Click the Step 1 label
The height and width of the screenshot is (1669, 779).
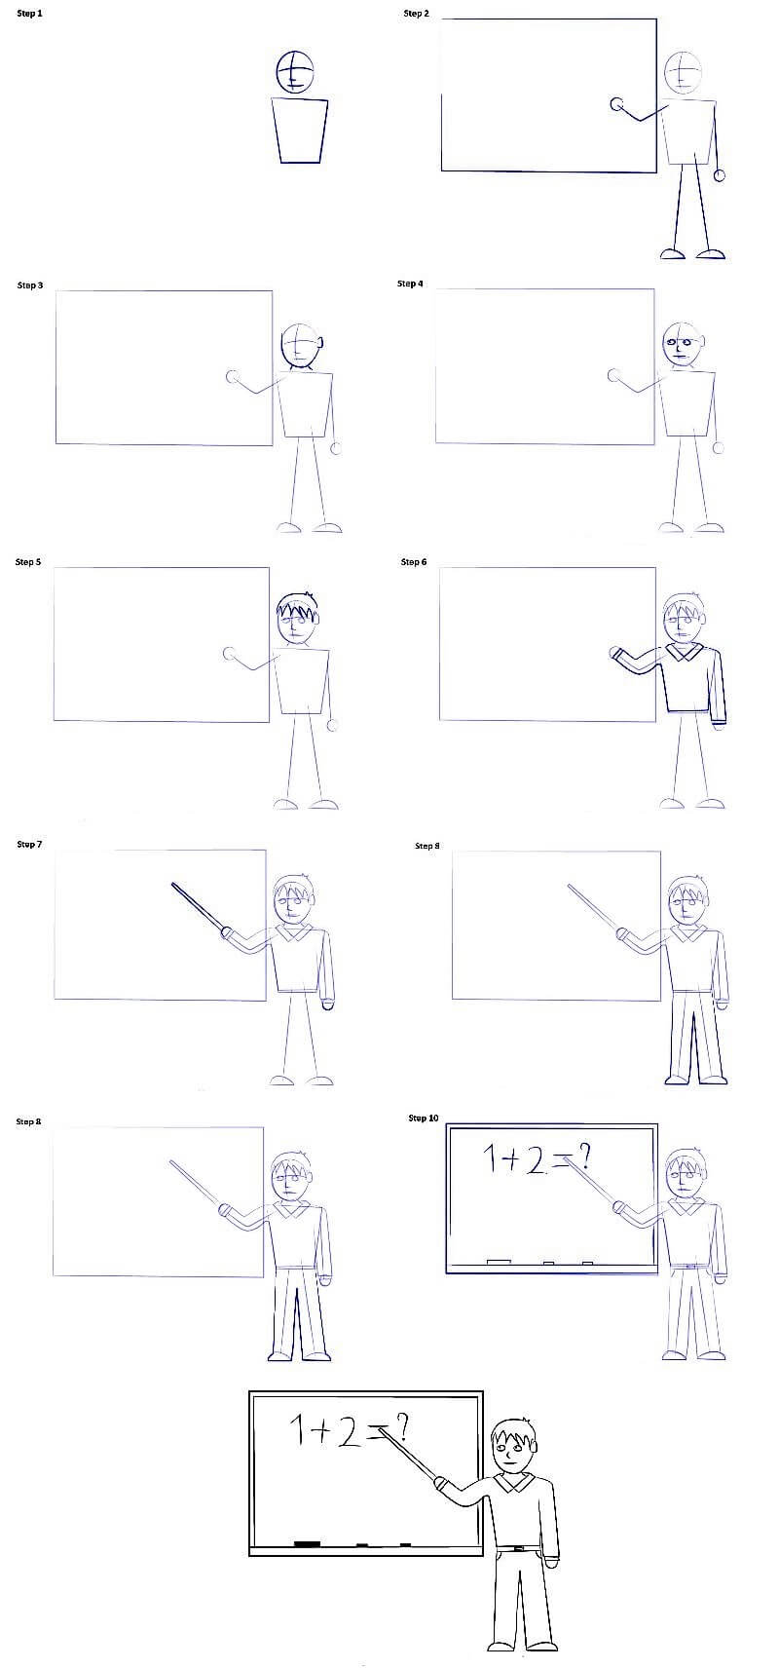point(30,14)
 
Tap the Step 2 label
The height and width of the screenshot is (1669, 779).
point(417,14)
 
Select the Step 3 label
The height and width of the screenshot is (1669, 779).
point(30,285)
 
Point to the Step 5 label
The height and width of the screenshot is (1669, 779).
point(28,562)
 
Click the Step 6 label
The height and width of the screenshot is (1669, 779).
point(414,562)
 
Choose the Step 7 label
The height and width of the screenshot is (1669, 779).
point(30,844)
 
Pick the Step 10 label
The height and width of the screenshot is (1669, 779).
point(424,1118)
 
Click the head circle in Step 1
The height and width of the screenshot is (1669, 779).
point(296,71)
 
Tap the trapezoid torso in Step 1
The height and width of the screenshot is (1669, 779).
point(300,132)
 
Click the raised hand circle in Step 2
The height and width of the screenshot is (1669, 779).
point(616,105)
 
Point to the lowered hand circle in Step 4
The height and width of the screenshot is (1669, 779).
point(719,448)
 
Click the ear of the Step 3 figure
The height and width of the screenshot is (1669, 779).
point(320,344)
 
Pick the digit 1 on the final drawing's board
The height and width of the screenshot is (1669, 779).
point(296,1429)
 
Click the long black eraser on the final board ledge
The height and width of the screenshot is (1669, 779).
point(307,1543)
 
